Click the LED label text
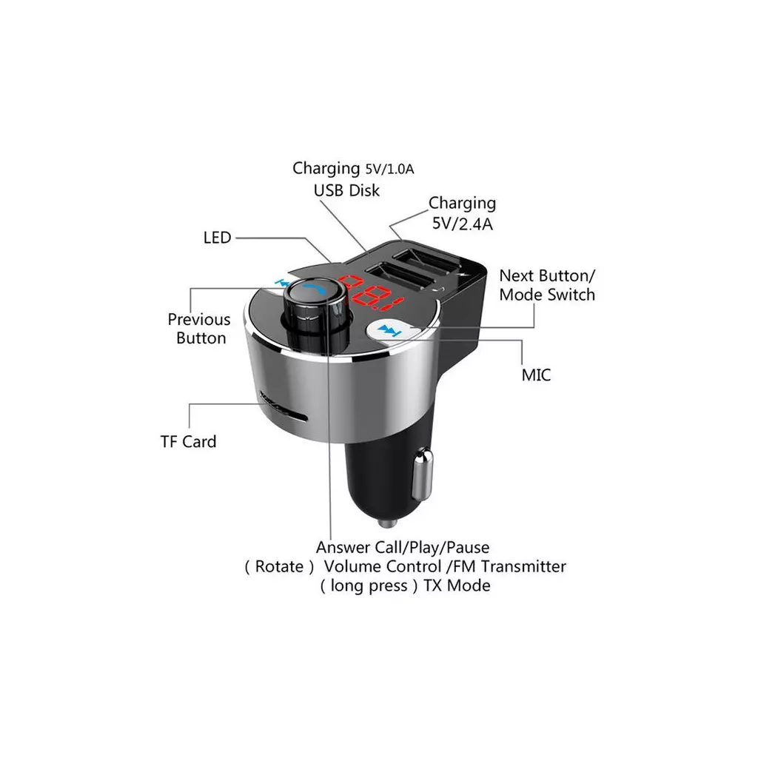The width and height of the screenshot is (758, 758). tap(217, 238)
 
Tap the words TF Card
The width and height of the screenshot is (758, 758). tap(188, 442)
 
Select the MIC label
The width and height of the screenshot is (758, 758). tap(536, 375)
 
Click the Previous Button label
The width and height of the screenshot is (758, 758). tap(199, 329)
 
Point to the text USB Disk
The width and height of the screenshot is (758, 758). tap(346, 190)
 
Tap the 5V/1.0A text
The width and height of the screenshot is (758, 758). tap(389, 170)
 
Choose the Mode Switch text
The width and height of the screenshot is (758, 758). tap(547, 295)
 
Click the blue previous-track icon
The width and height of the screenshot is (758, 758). tap(281, 282)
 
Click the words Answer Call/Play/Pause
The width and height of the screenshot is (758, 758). tap(403, 548)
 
